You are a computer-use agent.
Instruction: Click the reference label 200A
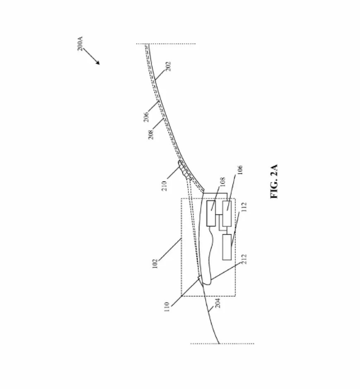(80, 44)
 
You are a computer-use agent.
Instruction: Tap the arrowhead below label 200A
(98, 63)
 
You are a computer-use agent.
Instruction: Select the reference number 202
(168, 66)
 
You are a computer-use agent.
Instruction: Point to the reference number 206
(146, 117)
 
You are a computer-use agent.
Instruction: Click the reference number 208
(151, 135)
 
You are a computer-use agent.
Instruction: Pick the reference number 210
(165, 186)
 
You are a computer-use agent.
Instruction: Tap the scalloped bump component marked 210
(185, 170)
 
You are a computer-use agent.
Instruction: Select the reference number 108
(223, 181)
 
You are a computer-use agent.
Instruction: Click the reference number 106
(240, 170)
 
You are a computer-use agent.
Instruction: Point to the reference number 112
(244, 207)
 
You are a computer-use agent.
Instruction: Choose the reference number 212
(244, 259)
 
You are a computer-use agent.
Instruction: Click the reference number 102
(155, 263)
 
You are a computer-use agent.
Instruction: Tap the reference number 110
(167, 306)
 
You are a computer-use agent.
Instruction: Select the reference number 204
(217, 303)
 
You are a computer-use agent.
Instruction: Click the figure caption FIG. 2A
(274, 181)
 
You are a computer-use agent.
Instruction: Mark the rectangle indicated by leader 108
(211, 214)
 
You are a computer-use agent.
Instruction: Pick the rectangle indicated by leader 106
(227, 214)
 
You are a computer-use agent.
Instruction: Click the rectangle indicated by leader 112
(227, 247)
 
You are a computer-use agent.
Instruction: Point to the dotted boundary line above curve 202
(166, 44)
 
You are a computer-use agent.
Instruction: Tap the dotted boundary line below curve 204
(222, 343)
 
